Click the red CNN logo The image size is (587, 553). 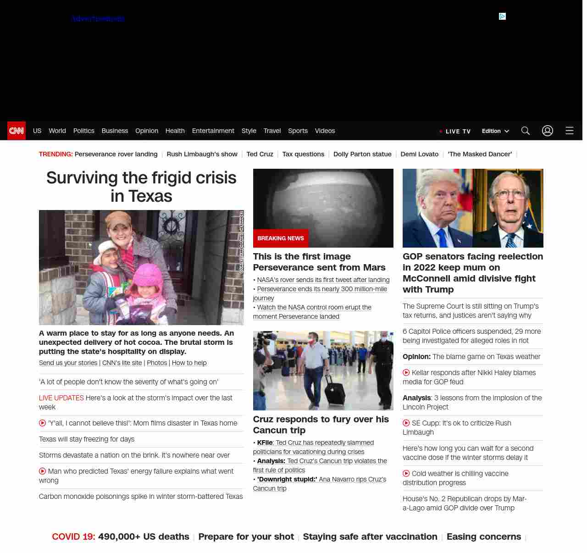[x=17, y=131]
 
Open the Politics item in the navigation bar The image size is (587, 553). [x=83, y=131]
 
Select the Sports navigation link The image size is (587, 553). [x=298, y=131]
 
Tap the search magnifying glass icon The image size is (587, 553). [x=526, y=131]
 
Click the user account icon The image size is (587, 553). [x=548, y=131]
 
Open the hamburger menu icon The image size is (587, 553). [x=570, y=131]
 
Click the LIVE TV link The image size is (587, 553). [x=458, y=131]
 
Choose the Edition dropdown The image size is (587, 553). [x=495, y=131]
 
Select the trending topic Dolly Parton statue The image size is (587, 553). [x=362, y=154]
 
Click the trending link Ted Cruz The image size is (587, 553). [x=260, y=154]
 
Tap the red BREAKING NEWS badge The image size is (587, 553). [x=281, y=238]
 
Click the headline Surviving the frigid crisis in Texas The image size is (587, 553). [x=141, y=187]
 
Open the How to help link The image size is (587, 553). [x=189, y=363]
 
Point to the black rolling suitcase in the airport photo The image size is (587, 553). [x=334, y=390]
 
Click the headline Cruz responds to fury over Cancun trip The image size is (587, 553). [x=321, y=425]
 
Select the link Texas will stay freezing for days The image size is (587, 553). [x=87, y=439]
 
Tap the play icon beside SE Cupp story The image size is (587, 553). [x=406, y=423]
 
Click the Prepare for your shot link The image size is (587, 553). [x=246, y=536]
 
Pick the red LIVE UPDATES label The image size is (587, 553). [x=61, y=398]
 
